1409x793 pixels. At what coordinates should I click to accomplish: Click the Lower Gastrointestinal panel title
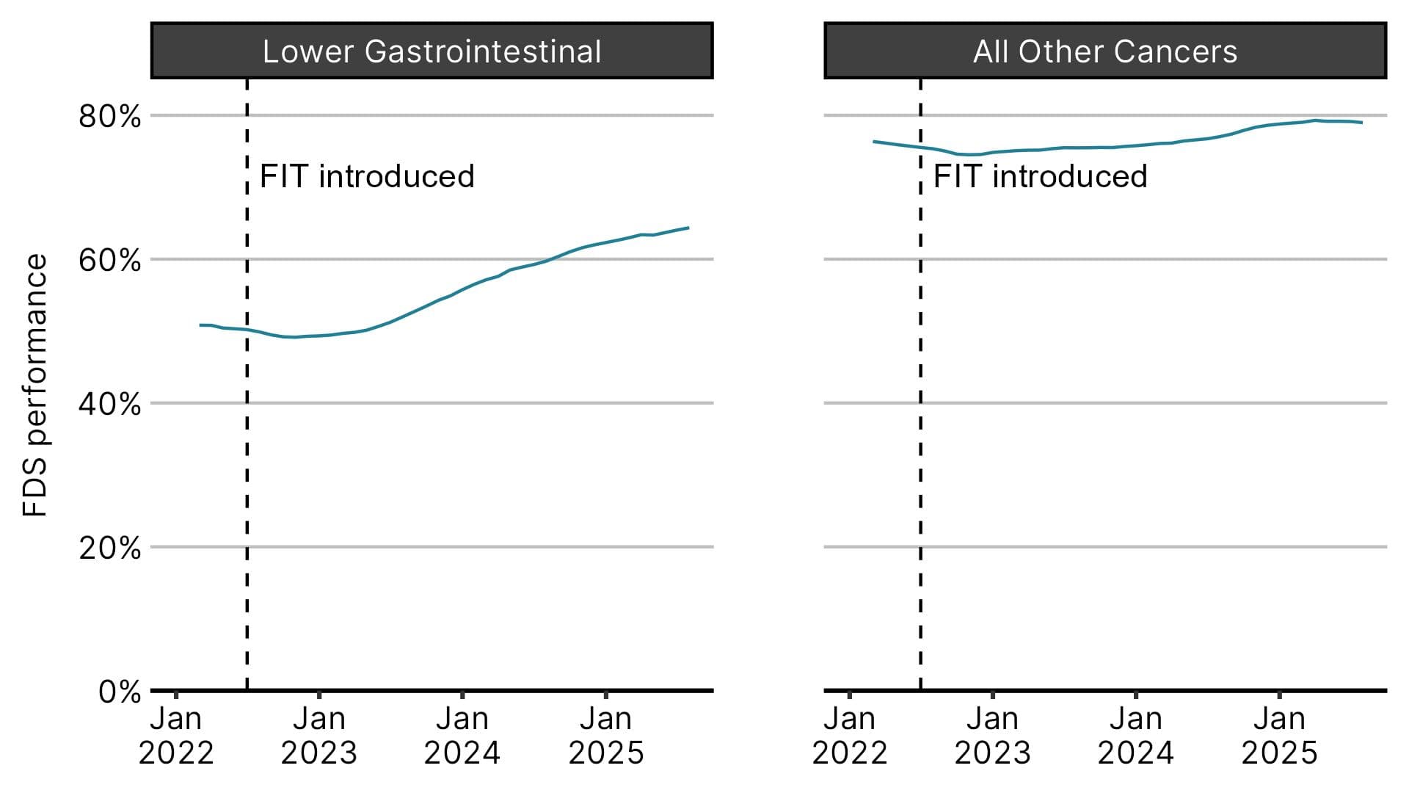pyautogui.click(x=432, y=51)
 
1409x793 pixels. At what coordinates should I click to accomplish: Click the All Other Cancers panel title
pyautogui.click(x=1105, y=51)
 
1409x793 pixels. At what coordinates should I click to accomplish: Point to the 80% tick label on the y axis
pyautogui.click(x=110, y=116)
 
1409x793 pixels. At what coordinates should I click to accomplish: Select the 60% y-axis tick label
pyautogui.click(x=110, y=260)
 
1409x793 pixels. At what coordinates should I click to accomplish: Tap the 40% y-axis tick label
pyautogui.click(x=110, y=404)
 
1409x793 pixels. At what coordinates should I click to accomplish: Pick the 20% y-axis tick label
pyautogui.click(x=110, y=548)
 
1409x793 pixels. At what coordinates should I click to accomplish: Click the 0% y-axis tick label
pyautogui.click(x=120, y=692)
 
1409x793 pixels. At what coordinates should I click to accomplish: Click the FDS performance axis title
pyautogui.click(x=35, y=385)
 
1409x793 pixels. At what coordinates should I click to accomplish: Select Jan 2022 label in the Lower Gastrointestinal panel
pyautogui.click(x=176, y=736)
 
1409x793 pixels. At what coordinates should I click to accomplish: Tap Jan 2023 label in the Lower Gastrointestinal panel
pyautogui.click(x=319, y=736)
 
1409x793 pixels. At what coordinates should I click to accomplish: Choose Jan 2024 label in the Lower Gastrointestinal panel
pyautogui.click(x=462, y=736)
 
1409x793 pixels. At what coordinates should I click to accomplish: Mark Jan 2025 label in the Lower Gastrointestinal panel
pyautogui.click(x=606, y=736)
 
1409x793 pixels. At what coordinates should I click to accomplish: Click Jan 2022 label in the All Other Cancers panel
pyautogui.click(x=850, y=736)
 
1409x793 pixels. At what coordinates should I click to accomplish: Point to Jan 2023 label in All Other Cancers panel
pyautogui.click(x=993, y=736)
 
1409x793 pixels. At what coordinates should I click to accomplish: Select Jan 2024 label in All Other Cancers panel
pyautogui.click(x=1136, y=736)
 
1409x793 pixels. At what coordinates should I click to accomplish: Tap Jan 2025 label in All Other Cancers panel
pyautogui.click(x=1280, y=736)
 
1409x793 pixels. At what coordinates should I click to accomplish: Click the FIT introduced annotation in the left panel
pyautogui.click(x=367, y=176)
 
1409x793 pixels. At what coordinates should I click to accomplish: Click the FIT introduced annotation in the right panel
pyautogui.click(x=1041, y=176)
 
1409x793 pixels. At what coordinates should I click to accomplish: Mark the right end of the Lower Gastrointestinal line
pyautogui.click(x=688, y=228)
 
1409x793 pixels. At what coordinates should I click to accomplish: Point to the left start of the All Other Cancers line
pyautogui.click(x=873, y=141)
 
